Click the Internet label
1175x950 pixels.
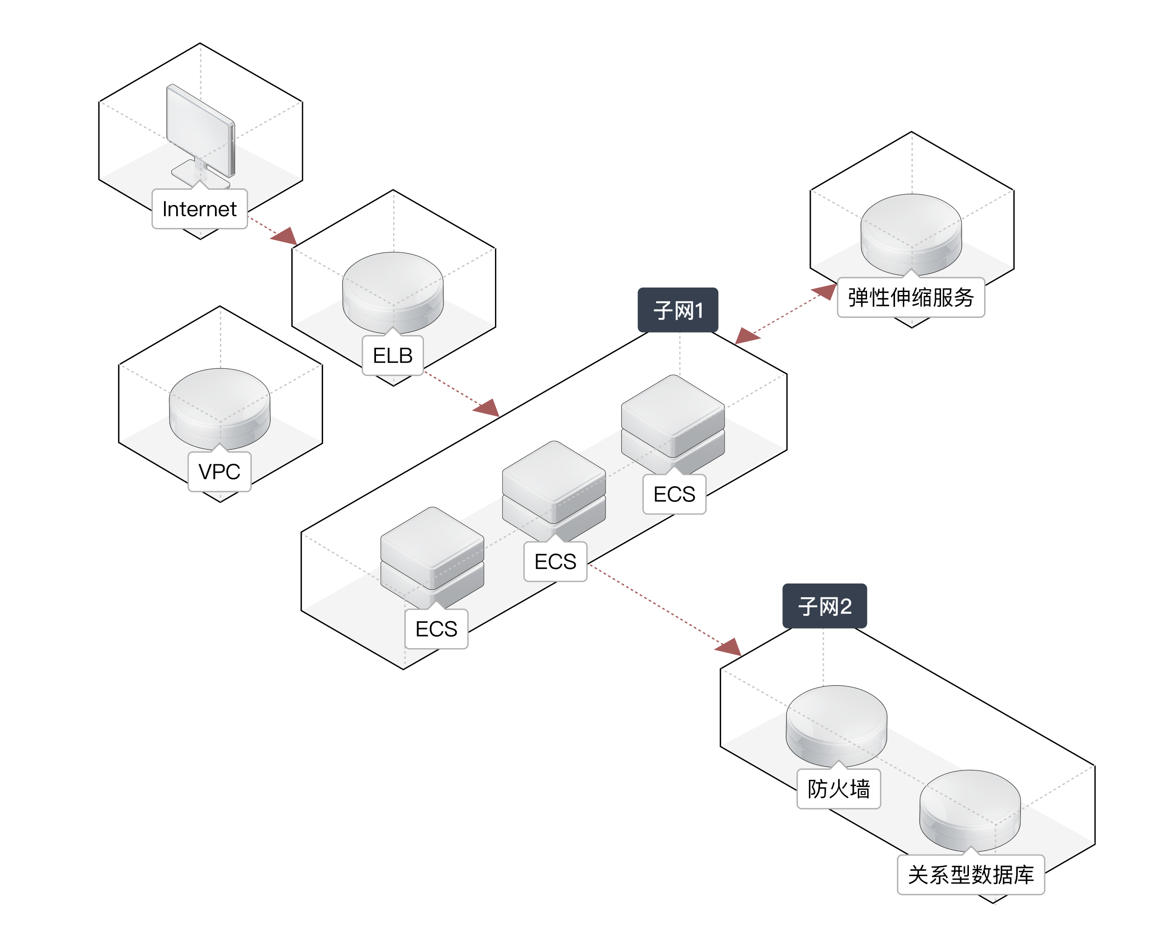199,209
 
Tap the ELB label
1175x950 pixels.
393,356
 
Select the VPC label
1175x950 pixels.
219,472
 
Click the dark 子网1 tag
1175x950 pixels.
678,310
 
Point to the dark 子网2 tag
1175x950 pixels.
824,606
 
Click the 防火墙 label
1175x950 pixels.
838,789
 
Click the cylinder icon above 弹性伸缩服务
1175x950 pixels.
911,232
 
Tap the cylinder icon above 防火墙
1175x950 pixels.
836,724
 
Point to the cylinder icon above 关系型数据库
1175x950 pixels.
970,809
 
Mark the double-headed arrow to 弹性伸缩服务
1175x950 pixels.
786,315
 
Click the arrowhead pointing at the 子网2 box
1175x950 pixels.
729,647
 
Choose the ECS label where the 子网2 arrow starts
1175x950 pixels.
555,562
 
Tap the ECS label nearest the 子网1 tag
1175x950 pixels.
674,495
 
